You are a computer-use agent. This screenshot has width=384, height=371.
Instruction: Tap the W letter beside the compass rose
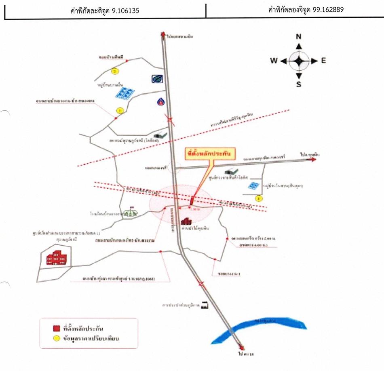[x=274, y=61]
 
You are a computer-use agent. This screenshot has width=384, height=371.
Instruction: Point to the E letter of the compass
[x=323, y=61]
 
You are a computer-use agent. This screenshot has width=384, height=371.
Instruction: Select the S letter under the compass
[x=299, y=84]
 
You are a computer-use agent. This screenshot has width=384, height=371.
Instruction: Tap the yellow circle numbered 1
[x=120, y=110]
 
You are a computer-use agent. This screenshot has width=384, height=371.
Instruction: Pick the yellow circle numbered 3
[x=259, y=198]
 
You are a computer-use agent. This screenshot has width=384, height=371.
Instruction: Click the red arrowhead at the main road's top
[x=163, y=34]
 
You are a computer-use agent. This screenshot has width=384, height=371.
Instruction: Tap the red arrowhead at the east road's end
[x=313, y=160]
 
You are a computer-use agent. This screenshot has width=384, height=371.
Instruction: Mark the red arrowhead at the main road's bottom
[x=242, y=347]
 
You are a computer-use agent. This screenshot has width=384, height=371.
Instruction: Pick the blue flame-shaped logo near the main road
[x=161, y=101]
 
